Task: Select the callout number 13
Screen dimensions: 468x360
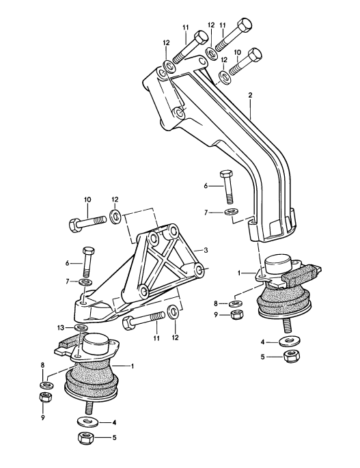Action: [61, 328]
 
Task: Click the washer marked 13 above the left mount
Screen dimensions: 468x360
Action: [80, 329]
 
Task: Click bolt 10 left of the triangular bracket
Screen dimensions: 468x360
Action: [85, 221]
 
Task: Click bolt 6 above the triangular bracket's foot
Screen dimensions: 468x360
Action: [86, 260]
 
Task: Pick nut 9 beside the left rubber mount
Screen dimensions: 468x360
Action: [46, 397]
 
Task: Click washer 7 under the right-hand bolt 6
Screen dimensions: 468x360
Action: [230, 213]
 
